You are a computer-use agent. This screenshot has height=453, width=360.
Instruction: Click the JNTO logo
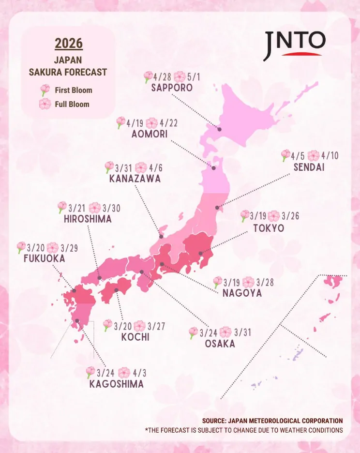pyautogui.click(x=294, y=45)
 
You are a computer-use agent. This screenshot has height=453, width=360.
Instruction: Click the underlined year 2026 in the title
pyautogui.click(x=69, y=43)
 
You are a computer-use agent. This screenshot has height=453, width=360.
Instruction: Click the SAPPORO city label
pyautogui.click(x=172, y=88)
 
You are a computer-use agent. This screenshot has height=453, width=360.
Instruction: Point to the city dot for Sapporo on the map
pyautogui.click(x=219, y=129)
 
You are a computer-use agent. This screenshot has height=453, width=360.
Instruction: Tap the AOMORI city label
pyautogui.click(x=150, y=134)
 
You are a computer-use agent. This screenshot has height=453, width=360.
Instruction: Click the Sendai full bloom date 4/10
pyautogui.click(x=330, y=156)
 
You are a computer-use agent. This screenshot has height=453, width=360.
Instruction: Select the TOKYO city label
pyautogui.click(x=269, y=228)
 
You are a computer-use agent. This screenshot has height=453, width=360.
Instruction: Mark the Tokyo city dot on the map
pyautogui.click(x=200, y=253)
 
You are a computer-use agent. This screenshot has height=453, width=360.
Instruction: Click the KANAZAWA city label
pyautogui.click(x=135, y=179)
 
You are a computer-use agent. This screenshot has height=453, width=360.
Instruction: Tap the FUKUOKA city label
pyautogui.click(x=44, y=258)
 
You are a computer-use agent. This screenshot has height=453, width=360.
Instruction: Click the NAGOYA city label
pyautogui.click(x=242, y=293)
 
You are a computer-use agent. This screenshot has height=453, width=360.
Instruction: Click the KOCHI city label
pyautogui.click(x=135, y=337)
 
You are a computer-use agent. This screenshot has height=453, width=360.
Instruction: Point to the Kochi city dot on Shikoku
pyautogui.click(x=117, y=290)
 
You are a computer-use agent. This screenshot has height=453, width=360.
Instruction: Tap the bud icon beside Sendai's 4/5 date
pyautogui.click(x=285, y=155)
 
